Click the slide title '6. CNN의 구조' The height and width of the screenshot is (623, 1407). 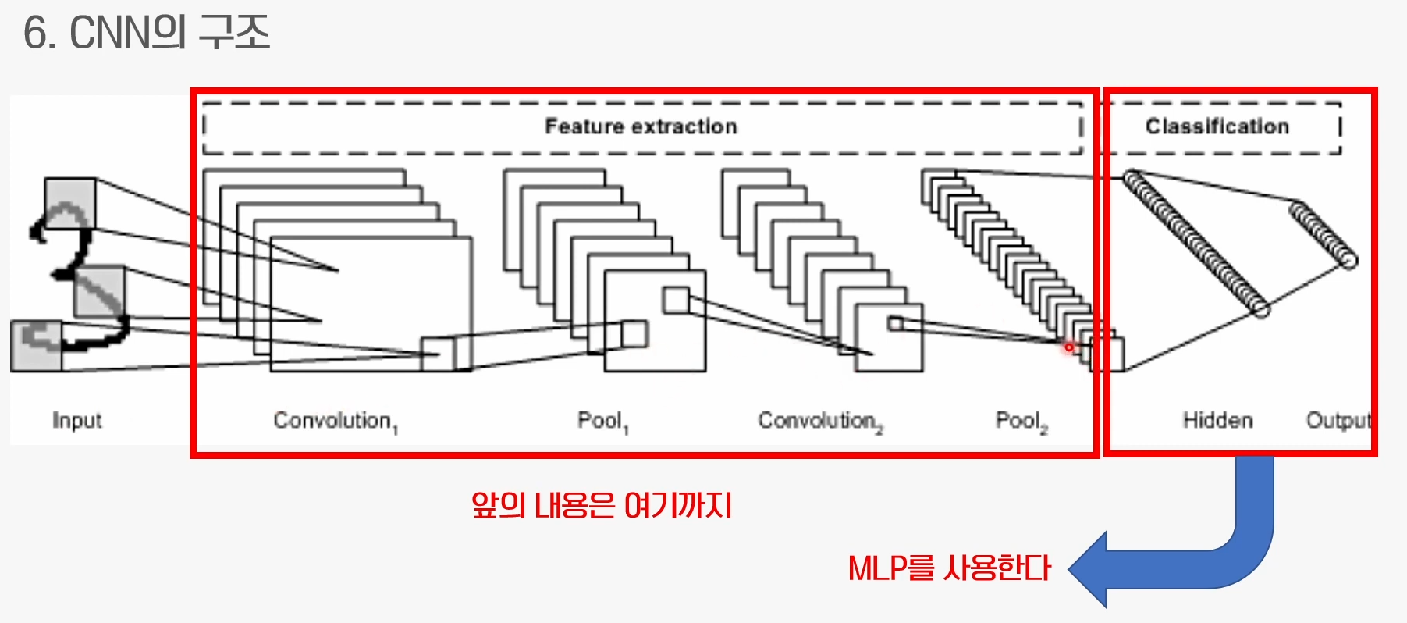[x=146, y=33]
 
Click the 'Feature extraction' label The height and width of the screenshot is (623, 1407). [x=641, y=126]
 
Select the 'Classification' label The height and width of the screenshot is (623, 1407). [x=1217, y=126]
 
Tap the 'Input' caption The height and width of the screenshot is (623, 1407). [x=76, y=421]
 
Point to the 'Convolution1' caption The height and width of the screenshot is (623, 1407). [x=335, y=422]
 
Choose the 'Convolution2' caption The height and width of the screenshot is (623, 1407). [x=819, y=422]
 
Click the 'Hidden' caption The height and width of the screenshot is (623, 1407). [x=1217, y=421]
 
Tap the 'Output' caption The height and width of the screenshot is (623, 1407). [x=1338, y=421]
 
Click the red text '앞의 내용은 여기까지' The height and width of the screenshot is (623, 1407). [x=601, y=506]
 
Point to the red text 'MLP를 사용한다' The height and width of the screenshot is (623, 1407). [x=949, y=568]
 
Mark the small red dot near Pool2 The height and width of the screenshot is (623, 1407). [x=1069, y=347]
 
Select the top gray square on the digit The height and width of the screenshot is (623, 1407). [x=70, y=203]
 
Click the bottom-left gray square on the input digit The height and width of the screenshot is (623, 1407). [x=36, y=345]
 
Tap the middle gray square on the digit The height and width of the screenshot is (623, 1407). [x=99, y=290]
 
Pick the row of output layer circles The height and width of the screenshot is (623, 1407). [x=1324, y=235]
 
